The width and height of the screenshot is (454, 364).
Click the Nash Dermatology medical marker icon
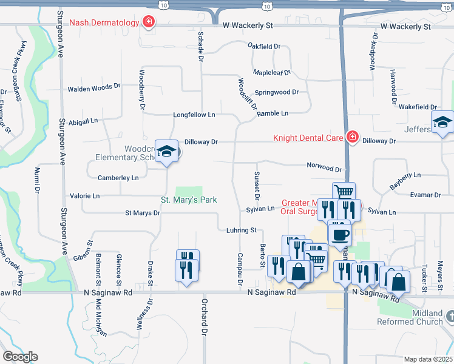coord(147,23)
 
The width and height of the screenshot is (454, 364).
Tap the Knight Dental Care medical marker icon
coord(351,138)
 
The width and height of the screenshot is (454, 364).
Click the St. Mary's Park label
coord(189,200)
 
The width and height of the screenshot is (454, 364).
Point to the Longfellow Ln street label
coord(194,115)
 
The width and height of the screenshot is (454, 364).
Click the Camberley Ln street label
coord(118,178)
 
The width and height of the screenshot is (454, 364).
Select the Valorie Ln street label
coord(84,196)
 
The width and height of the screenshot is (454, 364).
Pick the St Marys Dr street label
coord(143,213)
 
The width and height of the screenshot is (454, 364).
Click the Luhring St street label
coord(242,231)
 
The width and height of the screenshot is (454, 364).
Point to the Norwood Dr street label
coord(324,166)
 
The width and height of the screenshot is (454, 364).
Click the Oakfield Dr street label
coord(264,46)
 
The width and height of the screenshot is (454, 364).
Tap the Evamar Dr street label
coord(425,195)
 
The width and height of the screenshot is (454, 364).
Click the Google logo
coord(20,356)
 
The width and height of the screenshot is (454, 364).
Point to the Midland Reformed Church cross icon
coord(450,317)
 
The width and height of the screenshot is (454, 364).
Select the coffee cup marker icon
coord(339,233)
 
